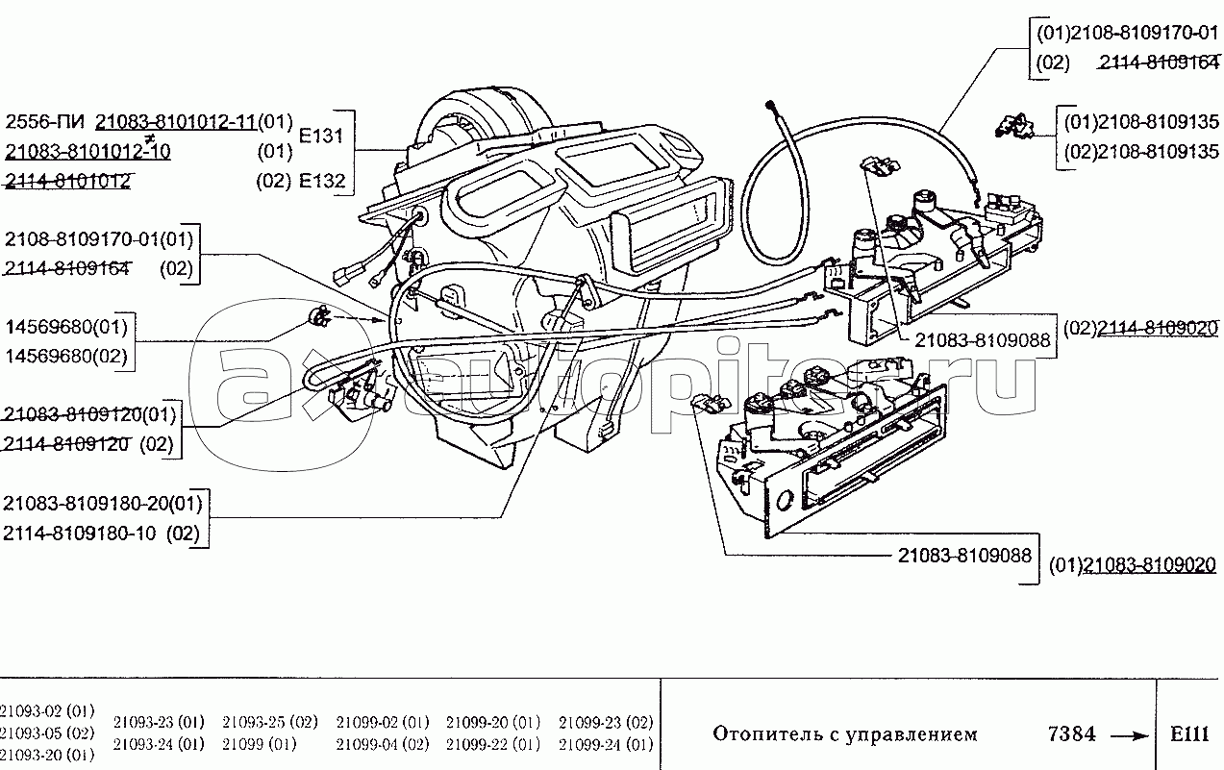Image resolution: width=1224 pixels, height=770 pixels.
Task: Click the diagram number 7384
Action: pyautogui.click(x=1070, y=734)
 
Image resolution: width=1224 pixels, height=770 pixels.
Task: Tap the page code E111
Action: pyautogui.click(x=1189, y=734)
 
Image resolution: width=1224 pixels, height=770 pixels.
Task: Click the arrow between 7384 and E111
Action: pyautogui.click(x=1131, y=735)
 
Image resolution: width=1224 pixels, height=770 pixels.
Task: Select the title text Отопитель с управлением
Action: pyautogui.click(x=844, y=734)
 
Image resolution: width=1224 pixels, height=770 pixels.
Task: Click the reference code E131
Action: pyautogui.click(x=321, y=136)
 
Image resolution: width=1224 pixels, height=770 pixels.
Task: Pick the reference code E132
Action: pyautogui.click(x=321, y=181)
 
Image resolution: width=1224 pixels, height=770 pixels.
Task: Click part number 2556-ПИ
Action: pyautogui.click(x=46, y=121)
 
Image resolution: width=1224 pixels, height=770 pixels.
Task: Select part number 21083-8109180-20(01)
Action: pyautogui.click(x=103, y=503)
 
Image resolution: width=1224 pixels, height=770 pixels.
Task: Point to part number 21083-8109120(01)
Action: pyautogui.click(x=90, y=415)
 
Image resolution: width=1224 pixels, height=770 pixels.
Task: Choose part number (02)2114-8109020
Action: pyautogui.click(x=1140, y=328)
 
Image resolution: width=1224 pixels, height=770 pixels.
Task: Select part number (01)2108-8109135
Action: pyautogui.click(x=1141, y=122)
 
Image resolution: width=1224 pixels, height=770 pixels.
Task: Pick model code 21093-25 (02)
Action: pyautogui.click(x=270, y=722)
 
